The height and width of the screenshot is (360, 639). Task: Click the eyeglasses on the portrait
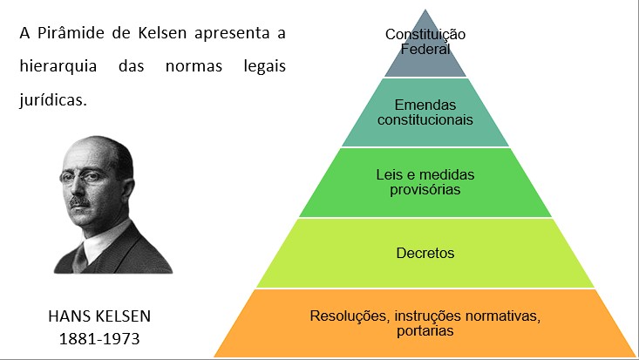86,179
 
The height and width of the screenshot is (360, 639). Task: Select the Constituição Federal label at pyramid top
425,42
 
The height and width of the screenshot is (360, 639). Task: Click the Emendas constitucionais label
425,112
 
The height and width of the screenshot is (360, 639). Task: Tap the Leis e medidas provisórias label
425,182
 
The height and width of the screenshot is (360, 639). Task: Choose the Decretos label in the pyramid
425,254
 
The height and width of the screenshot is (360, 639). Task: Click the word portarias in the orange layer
425,329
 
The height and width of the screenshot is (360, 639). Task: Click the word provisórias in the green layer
425,189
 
